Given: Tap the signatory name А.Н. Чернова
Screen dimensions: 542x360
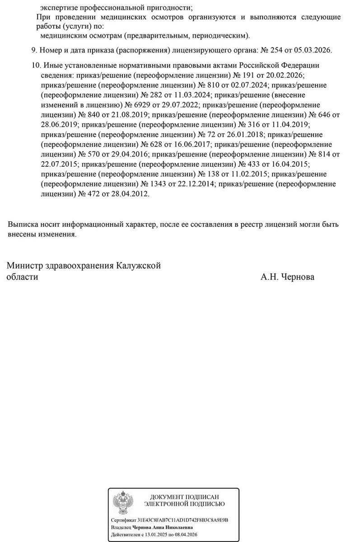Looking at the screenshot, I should click(287, 277).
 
